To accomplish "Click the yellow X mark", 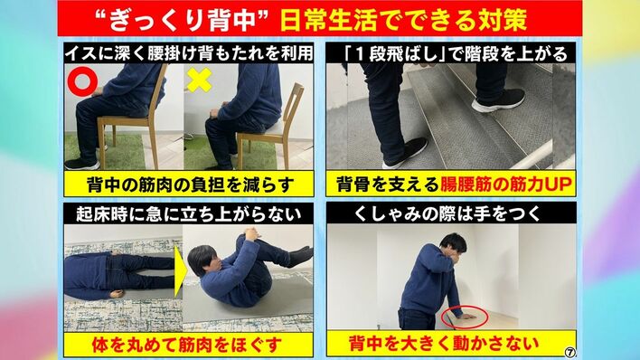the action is tap(199, 80).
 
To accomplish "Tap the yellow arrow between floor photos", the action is tap(179, 271).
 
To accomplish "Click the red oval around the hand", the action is tap(465, 317).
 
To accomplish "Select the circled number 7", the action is tap(570, 352).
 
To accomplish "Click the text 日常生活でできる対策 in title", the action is tap(403, 19).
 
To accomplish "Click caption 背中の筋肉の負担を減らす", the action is tap(191, 185).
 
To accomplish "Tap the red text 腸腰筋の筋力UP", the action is tap(505, 185).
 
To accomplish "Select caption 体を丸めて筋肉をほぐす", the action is tap(187, 345).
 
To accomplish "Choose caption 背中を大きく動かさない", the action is tap(444, 343).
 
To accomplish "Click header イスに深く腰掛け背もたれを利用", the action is tap(189, 53).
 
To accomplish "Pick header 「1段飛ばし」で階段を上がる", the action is tap(456, 54).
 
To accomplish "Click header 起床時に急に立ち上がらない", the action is tap(189, 214).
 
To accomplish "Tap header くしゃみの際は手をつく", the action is tap(447, 213).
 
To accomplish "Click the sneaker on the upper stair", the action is tap(498, 100).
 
